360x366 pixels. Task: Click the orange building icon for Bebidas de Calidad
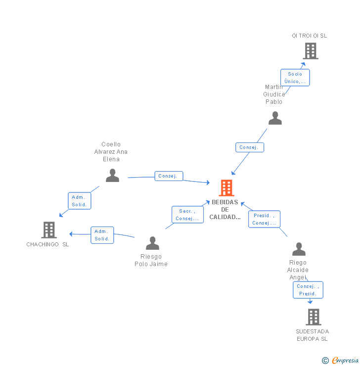coord(226,188)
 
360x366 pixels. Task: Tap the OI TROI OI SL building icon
coord(310,51)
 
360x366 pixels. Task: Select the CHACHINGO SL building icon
coord(48,230)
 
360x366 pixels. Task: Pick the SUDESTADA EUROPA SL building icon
coord(313,317)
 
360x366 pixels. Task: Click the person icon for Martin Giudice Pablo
coord(275,118)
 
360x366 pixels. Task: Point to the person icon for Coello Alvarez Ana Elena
coord(112,176)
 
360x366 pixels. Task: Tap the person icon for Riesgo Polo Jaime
coord(152,243)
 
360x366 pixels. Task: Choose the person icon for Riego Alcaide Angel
coord(299,249)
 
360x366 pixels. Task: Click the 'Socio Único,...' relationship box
coord(295,78)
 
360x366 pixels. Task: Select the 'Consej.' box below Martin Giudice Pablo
coord(249,147)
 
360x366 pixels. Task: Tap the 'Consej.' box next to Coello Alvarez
coord(169,176)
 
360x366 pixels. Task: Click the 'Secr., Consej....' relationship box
coord(187,215)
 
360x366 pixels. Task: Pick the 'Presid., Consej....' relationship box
coord(264,219)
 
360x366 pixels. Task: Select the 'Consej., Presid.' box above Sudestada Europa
coord(308,290)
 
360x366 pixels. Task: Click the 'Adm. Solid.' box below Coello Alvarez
coord(79,201)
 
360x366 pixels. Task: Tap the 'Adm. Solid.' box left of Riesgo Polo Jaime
coord(102,235)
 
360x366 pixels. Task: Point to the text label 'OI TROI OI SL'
coord(309,36)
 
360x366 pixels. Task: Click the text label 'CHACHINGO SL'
coord(47,244)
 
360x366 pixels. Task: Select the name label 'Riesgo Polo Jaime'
coord(151,261)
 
